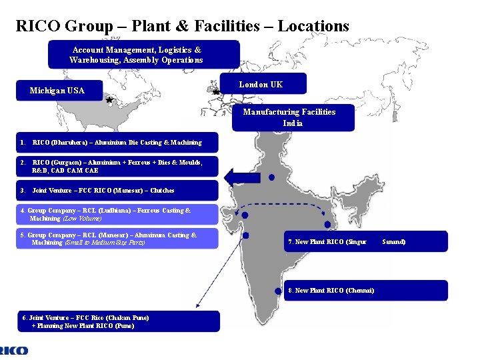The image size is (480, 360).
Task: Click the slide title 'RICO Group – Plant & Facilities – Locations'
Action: coord(182,26)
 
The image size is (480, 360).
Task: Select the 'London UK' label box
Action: coord(261,84)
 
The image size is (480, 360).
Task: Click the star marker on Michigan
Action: coord(109,100)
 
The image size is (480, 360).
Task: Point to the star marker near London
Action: coord(215,91)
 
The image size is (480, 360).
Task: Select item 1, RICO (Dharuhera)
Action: coord(117,143)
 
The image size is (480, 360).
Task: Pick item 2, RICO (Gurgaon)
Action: coord(117,166)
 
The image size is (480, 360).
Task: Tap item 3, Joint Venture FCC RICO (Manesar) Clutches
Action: coord(117,190)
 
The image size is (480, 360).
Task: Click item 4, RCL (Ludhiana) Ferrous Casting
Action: coord(117,214)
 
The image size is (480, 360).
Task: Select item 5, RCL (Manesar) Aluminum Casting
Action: coord(117,238)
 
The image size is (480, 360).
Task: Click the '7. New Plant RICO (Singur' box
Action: coord(327,241)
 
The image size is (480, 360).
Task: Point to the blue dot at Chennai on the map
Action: coord(278,291)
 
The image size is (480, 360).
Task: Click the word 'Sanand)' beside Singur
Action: coord(393,241)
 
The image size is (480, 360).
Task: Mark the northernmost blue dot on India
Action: coord(271,177)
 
